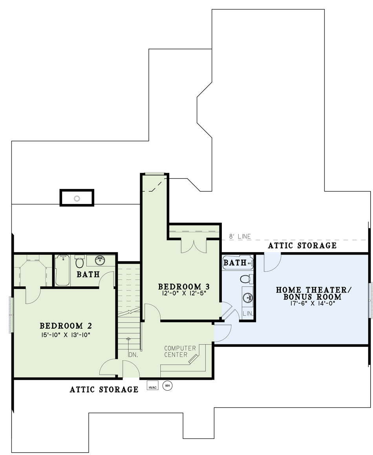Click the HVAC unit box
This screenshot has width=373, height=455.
[x=152, y=385]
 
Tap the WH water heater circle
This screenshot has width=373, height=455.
[x=167, y=386]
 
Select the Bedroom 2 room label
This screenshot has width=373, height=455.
[x=66, y=326]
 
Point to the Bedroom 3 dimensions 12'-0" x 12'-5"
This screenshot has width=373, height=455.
[x=184, y=293]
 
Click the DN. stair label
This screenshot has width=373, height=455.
[x=133, y=355]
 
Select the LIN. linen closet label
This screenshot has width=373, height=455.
[x=248, y=314]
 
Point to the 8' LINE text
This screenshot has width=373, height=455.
[x=240, y=237]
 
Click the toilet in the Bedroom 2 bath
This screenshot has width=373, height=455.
[x=79, y=262]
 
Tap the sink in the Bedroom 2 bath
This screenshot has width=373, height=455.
[x=101, y=260]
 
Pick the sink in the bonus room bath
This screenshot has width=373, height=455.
[x=248, y=297]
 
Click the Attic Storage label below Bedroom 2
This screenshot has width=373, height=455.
[x=104, y=389]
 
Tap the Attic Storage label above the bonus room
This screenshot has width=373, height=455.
[x=302, y=246]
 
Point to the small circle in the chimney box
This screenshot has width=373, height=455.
[x=77, y=198]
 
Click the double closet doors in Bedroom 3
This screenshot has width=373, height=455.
[x=194, y=246]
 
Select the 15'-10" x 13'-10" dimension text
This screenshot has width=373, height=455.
[x=66, y=335]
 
